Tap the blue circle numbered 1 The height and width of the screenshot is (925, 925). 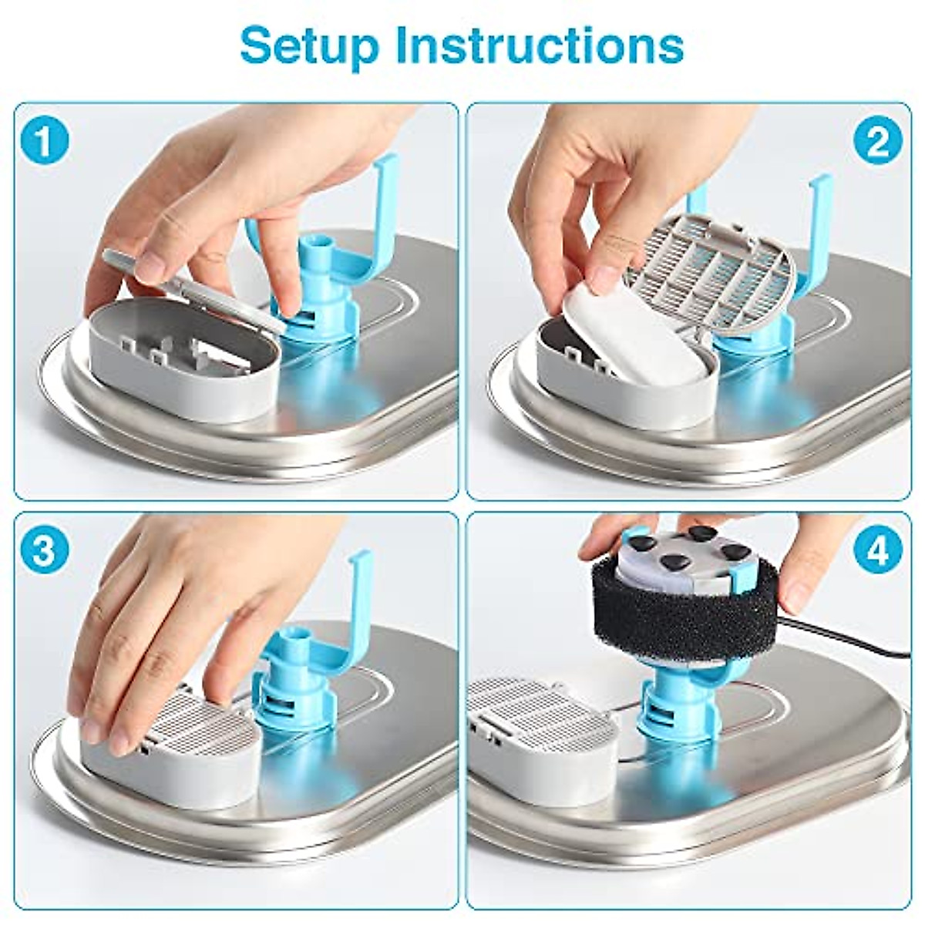[45, 142]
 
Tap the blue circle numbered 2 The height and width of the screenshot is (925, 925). [879, 142]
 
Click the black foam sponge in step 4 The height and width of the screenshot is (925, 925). [694, 609]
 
